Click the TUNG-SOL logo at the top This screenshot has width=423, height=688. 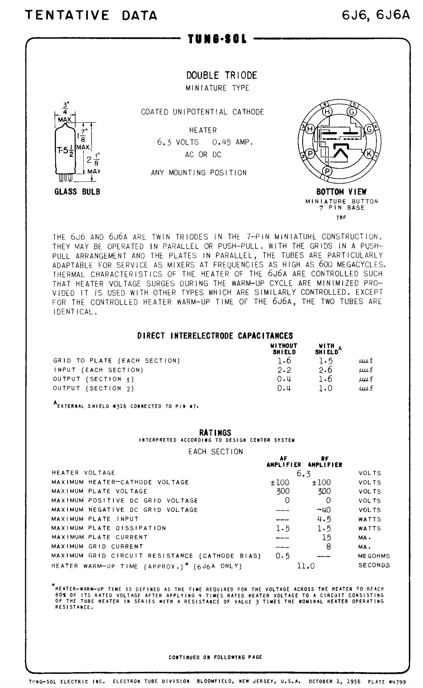(x=217, y=39)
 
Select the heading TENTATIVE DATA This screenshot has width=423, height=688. (x=91, y=15)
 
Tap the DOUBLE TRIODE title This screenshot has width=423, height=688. (x=222, y=75)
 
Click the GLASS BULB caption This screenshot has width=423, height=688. (x=77, y=192)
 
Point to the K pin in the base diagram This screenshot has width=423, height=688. (x=369, y=153)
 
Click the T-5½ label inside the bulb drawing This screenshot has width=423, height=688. (x=65, y=151)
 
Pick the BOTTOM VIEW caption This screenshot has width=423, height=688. (x=341, y=192)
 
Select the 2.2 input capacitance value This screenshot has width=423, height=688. (x=284, y=370)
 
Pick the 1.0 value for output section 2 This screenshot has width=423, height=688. (x=326, y=388)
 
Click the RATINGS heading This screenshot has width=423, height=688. (x=215, y=432)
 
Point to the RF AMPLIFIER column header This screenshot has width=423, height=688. (x=325, y=462)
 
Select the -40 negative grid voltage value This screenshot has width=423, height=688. (x=324, y=510)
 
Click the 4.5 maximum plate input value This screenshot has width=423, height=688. (x=324, y=519)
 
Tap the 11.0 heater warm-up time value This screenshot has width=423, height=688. (x=306, y=566)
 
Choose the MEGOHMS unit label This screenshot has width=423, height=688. (x=374, y=556)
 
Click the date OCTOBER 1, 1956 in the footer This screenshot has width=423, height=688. (x=334, y=682)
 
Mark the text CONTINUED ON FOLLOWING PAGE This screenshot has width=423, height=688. (x=215, y=657)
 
